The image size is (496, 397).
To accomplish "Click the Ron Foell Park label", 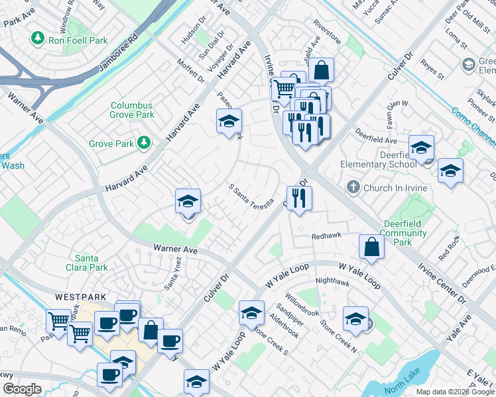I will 78,40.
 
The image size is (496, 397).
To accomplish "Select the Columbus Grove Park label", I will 131,110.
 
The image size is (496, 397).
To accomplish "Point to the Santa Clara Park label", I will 92,263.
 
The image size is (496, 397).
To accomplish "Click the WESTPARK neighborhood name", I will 81,297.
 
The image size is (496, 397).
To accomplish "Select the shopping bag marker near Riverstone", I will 320,69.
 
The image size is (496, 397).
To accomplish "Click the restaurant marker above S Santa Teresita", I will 299,197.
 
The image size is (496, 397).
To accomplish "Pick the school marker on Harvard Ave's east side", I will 229,121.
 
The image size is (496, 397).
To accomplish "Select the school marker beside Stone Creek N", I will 355,319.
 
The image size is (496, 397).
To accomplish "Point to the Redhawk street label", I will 326,236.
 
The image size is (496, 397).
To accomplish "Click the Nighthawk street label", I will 333,281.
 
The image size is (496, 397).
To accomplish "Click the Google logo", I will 22,389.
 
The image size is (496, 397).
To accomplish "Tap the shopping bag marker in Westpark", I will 151,330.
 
